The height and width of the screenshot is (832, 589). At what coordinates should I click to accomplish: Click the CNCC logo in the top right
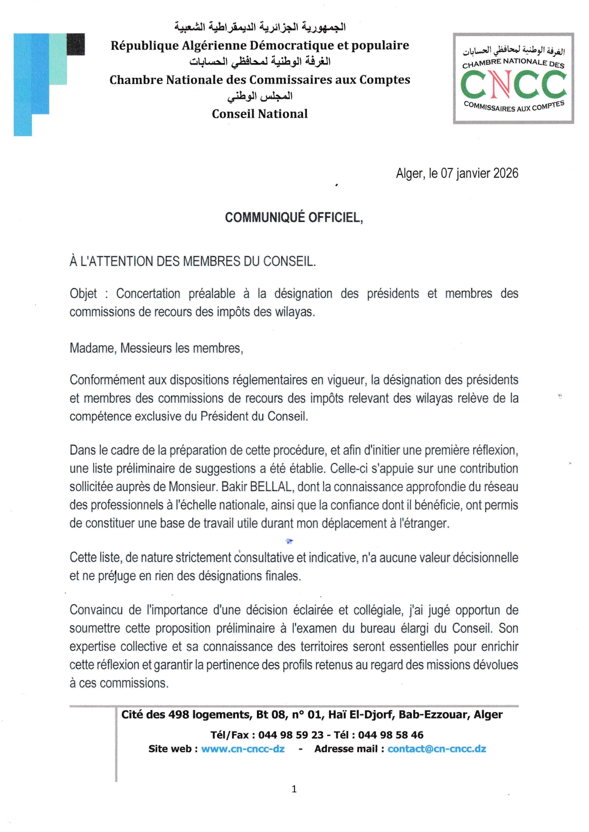[513, 79]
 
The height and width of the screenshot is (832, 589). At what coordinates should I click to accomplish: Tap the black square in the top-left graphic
[76, 44]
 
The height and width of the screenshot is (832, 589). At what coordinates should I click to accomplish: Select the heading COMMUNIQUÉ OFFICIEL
[294, 217]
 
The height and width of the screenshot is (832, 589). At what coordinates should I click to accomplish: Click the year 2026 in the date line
[505, 173]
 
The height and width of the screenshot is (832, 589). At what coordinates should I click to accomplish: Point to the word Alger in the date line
[409, 174]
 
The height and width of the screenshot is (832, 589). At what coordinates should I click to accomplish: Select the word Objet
[83, 294]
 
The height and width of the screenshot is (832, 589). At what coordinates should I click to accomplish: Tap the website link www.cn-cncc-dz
[243, 749]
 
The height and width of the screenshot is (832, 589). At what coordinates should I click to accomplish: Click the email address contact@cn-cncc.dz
[437, 749]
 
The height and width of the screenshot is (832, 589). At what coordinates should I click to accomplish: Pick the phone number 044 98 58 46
[390, 735]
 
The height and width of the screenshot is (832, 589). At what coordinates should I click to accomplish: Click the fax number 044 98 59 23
[291, 735]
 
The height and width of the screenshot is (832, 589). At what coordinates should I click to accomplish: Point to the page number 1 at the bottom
[294, 789]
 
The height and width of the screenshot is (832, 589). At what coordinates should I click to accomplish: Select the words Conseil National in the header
[260, 114]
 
